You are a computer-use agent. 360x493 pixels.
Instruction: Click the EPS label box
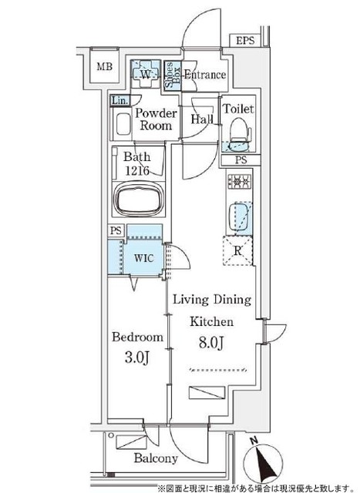pos(245,40)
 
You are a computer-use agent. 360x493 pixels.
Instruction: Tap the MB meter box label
pos(105,67)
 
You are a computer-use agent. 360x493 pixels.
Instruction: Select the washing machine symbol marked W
pos(145,74)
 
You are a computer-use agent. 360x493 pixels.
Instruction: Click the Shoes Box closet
pos(173,75)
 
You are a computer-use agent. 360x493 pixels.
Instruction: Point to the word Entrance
pos(205,75)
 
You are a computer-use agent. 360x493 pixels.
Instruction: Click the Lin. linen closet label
pos(120,101)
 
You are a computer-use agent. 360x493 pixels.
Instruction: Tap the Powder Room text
pos(156,119)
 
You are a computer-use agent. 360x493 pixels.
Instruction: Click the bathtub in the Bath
pos(139,199)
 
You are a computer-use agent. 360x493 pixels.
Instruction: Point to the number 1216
pos(137,171)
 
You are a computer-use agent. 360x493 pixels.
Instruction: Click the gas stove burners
pos(240,182)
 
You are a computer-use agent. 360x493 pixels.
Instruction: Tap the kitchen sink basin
pos(240,217)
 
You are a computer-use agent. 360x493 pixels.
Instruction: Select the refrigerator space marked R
pos(238,250)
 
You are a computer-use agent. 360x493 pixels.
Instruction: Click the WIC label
pos(144,258)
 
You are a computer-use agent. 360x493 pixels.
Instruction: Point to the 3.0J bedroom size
pos(136,357)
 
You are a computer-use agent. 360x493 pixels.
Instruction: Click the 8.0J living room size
pos(211,342)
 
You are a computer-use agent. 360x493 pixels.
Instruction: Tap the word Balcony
pos(156,458)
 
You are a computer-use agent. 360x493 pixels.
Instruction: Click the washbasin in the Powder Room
pos(123,124)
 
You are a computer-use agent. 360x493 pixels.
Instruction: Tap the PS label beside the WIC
pos(116,230)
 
